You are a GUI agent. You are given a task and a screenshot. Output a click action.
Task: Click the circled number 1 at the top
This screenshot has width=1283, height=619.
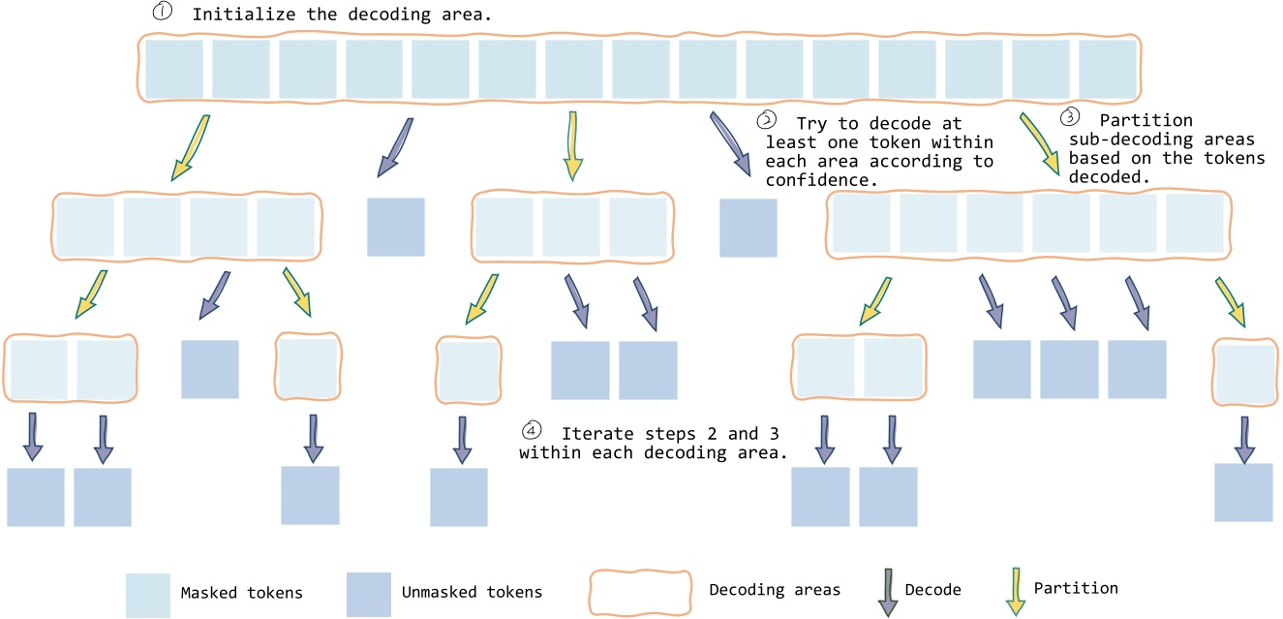(x=164, y=15)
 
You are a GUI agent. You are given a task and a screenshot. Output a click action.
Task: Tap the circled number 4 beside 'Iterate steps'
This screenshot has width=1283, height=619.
(x=530, y=430)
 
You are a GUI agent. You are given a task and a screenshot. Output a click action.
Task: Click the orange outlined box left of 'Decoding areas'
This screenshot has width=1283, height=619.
(x=642, y=589)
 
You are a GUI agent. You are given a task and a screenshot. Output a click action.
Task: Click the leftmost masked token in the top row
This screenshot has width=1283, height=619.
(x=174, y=69)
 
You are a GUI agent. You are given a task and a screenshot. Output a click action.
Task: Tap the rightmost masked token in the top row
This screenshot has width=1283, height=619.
(x=1107, y=69)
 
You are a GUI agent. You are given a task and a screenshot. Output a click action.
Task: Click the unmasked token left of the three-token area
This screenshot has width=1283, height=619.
(x=395, y=227)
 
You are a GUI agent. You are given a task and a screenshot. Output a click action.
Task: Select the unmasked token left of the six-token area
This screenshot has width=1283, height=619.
(x=748, y=228)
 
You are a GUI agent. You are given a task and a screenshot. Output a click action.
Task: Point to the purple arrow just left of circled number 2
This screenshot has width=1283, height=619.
(x=731, y=142)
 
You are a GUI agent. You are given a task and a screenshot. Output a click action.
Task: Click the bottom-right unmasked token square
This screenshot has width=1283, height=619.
(x=1243, y=492)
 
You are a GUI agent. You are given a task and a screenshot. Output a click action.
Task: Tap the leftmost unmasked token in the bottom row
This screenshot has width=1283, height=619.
(x=36, y=497)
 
